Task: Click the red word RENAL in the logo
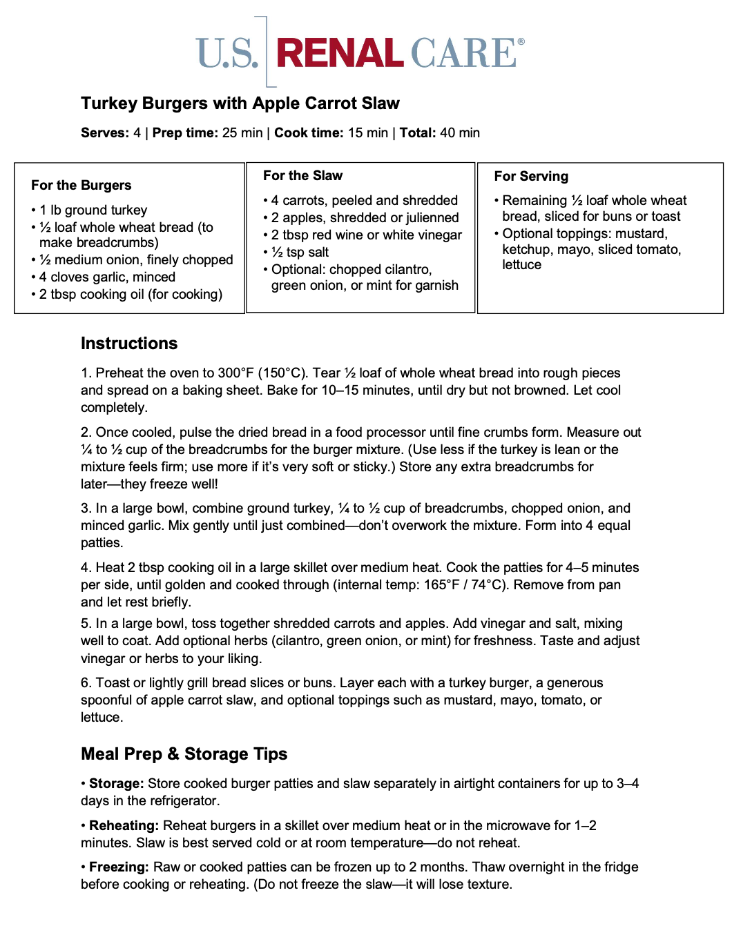pyautogui.click(x=340, y=54)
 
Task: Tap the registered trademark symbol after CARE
pyautogui.click(x=521, y=42)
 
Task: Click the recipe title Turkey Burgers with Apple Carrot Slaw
pyautogui.click(x=240, y=104)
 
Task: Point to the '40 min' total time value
pyautogui.click(x=460, y=133)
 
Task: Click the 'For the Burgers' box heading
pyautogui.click(x=81, y=186)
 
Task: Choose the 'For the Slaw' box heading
pyautogui.click(x=302, y=176)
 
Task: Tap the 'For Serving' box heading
pyautogui.click(x=531, y=177)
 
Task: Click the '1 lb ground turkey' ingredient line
pyautogui.click(x=93, y=210)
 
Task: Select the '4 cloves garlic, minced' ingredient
pyautogui.click(x=107, y=277)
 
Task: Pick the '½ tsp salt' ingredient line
pyautogui.click(x=300, y=253)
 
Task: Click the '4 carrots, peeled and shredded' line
pyautogui.click(x=364, y=201)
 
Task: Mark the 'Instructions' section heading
pyautogui.click(x=129, y=344)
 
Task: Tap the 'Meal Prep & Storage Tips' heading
pyautogui.click(x=184, y=754)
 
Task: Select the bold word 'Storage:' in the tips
pyautogui.click(x=116, y=784)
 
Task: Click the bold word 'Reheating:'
pyautogui.click(x=124, y=826)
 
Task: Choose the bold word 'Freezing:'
pyautogui.click(x=119, y=867)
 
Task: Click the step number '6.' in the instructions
pyautogui.click(x=86, y=683)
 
